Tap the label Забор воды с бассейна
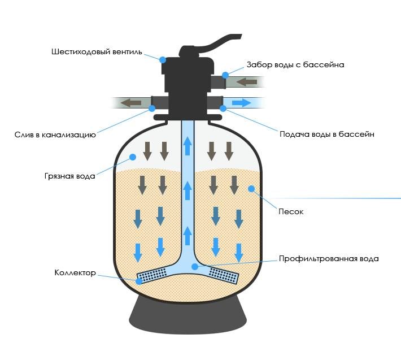295,64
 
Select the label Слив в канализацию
55,135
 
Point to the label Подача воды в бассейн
326,135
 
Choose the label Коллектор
75,273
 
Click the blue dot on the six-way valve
163,59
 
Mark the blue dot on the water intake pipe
225,75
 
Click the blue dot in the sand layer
250,189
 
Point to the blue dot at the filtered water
194,266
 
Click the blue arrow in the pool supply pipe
242,103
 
